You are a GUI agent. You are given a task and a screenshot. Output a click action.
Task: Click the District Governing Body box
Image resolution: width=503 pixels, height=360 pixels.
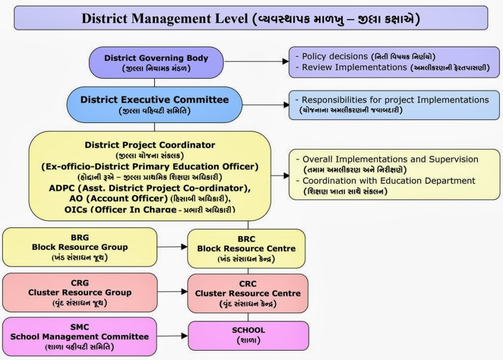[x=156, y=63]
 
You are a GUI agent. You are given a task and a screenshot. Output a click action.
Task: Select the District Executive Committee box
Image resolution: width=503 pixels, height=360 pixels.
[x=154, y=105]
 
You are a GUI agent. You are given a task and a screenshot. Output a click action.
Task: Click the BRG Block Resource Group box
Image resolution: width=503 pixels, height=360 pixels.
[x=80, y=247]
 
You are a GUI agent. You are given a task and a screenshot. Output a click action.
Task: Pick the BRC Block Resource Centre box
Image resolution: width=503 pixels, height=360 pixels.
[x=246, y=249]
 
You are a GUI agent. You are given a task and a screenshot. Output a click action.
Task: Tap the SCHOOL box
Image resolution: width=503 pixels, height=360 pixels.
[x=248, y=335]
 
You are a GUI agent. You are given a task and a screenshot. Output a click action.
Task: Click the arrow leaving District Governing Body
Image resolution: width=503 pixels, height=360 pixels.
[x=255, y=62]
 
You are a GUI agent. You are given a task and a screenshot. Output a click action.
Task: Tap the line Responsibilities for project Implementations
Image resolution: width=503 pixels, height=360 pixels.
[x=395, y=100]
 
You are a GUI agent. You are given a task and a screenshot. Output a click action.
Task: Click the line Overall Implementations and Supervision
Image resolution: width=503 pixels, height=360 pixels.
[x=390, y=159]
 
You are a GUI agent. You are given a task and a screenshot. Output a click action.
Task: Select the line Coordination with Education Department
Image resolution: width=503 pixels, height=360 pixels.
[x=389, y=181]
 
